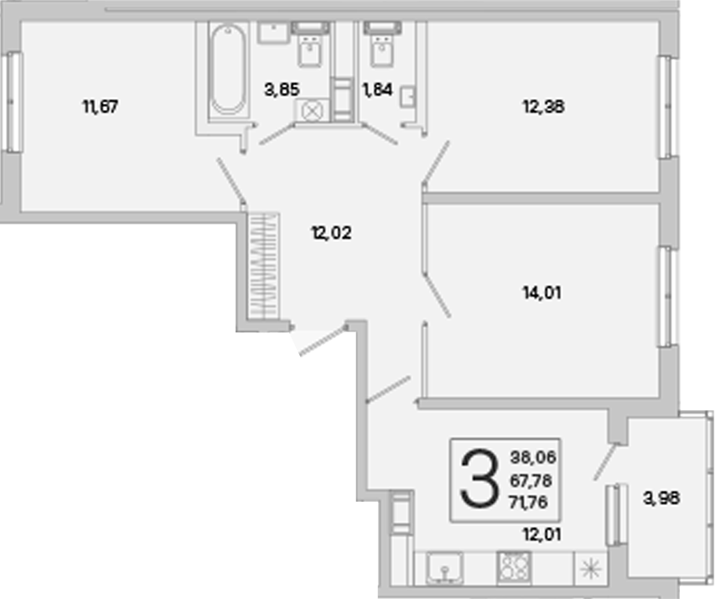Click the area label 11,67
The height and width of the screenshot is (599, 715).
coord(101,107)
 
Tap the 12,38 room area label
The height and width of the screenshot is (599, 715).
coord(543,107)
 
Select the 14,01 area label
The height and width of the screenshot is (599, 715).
coord(541,293)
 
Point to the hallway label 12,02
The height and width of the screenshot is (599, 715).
coord(331,233)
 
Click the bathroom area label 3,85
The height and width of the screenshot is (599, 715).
coord(282,90)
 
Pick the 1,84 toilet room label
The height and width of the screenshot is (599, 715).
coord(377,90)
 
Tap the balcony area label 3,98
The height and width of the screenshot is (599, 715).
coord(661,498)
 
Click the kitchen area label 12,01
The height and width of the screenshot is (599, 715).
coord(541,534)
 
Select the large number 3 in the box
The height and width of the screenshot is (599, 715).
coord(479,478)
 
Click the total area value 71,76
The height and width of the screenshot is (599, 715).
coord(529,503)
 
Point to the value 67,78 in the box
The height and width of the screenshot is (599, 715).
coord(531,481)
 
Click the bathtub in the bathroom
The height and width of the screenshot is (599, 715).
coord(229,70)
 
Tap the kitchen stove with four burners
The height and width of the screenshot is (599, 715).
coord(514,567)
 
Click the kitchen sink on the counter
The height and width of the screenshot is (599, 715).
coord(444,568)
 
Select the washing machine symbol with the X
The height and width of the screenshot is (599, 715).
coord(312,111)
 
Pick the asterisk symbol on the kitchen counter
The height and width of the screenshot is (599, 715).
coord(590,570)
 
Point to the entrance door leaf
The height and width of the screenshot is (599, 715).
coord(322,340)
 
